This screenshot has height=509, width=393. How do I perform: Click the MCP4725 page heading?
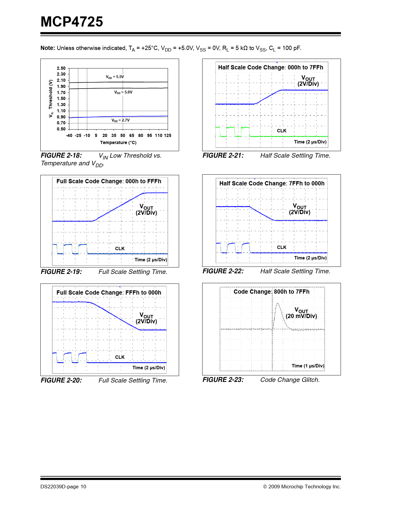(x=72, y=22)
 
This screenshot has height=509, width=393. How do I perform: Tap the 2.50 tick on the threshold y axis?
(x=61, y=68)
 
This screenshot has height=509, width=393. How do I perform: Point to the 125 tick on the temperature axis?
(x=167, y=135)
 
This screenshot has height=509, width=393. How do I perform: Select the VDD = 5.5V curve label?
(x=115, y=77)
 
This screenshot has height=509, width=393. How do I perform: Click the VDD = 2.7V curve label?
(x=121, y=120)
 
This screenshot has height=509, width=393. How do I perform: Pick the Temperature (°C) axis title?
(x=118, y=143)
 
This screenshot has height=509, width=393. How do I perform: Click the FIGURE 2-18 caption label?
(x=61, y=155)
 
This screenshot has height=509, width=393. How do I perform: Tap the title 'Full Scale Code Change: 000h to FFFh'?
(x=109, y=181)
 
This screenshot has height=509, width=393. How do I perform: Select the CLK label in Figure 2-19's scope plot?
(x=120, y=249)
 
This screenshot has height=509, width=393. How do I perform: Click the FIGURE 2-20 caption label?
(x=61, y=380)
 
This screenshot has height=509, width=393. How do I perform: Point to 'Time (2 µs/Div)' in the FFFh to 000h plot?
(x=149, y=368)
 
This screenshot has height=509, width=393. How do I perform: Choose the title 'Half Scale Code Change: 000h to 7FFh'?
(x=271, y=68)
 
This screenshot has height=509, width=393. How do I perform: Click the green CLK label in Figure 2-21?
(x=282, y=131)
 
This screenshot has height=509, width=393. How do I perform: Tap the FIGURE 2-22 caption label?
(x=223, y=271)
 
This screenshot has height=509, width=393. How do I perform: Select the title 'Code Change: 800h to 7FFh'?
(x=272, y=292)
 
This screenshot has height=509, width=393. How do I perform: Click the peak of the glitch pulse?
(x=278, y=304)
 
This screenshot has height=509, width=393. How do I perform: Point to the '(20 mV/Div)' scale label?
(x=301, y=316)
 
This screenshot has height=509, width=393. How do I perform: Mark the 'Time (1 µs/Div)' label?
(x=308, y=366)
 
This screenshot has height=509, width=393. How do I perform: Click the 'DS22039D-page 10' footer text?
(x=63, y=487)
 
